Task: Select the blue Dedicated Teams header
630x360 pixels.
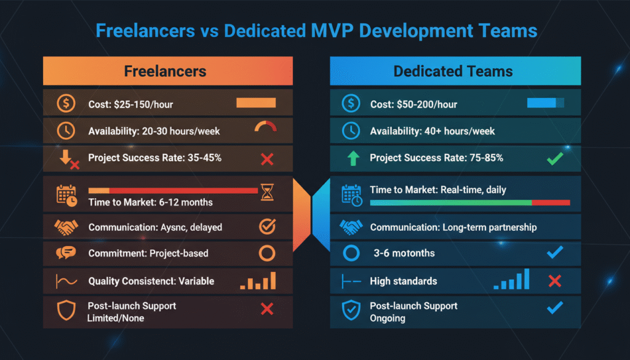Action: (455, 71)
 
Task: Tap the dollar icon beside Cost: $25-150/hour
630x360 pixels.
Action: (66, 103)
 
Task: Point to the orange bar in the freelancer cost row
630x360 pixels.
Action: (256, 103)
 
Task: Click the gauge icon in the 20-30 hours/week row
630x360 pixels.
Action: (266, 127)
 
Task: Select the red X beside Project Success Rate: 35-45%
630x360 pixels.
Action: (267, 159)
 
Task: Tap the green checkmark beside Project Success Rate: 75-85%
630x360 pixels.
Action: (554, 159)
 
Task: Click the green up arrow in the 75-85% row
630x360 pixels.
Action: (353, 158)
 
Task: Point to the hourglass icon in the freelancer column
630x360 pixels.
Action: (267, 193)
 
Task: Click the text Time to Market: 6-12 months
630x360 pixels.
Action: (151, 202)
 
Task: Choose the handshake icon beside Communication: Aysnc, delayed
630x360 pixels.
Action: (66, 227)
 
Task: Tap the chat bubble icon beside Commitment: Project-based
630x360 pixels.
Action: (66, 254)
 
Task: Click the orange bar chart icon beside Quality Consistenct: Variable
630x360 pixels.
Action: (258, 281)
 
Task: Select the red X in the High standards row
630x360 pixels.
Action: (554, 281)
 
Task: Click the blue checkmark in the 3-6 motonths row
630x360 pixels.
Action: (554, 253)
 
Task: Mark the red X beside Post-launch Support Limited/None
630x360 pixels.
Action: (267, 309)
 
